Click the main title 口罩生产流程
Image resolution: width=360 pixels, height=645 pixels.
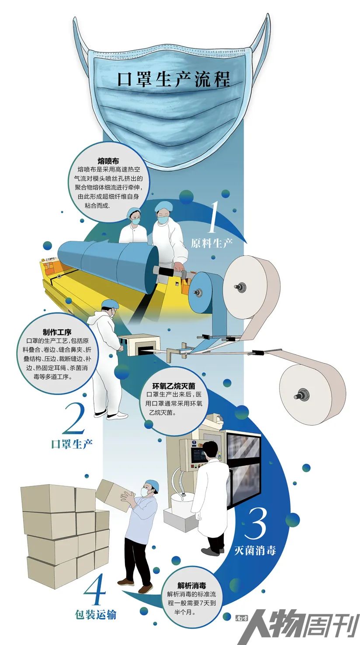tap(174, 79)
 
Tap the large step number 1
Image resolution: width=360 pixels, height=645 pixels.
tap(212, 217)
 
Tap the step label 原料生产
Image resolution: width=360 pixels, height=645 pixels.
tap(211, 243)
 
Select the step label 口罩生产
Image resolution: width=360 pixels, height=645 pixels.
tap(72, 444)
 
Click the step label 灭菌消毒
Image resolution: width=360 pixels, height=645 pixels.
tap(255, 551)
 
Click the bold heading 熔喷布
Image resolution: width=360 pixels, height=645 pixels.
tap(108, 161)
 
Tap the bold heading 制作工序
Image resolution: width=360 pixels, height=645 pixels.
tap(57, 332)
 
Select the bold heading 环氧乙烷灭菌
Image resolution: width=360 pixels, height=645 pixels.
tap(174, 385)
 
